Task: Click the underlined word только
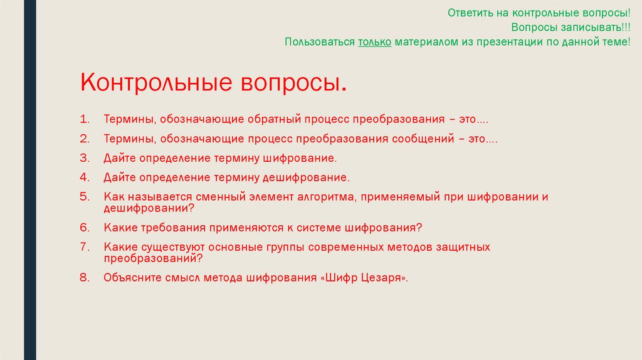click(375, 42)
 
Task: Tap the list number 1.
click(83, 119)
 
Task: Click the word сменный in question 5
click(216, 197)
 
